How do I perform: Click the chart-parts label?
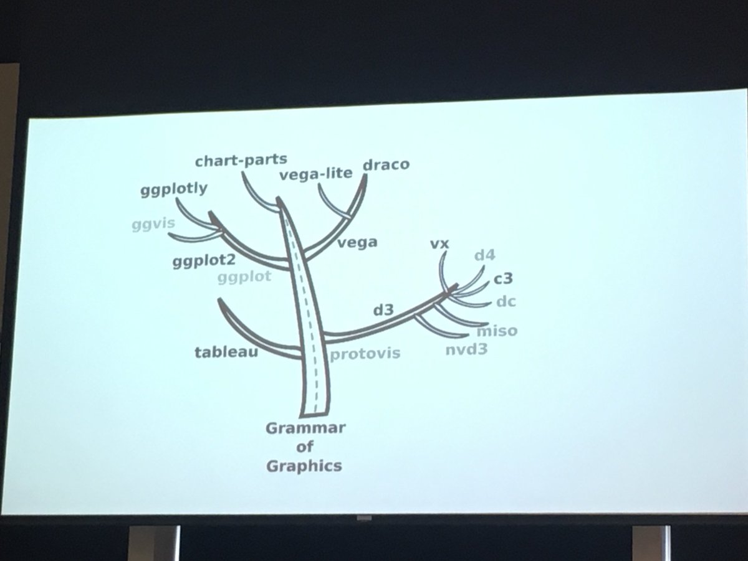coord(241,161)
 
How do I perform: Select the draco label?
coord(385,164)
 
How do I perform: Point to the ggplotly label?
coord(174,189)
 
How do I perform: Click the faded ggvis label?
coord(152,224)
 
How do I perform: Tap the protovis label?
coord(365,354)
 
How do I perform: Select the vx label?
coord(439,243)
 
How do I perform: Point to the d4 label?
coord(484,256)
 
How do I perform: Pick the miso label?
coord(497,330)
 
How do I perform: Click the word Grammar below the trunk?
coord(305,428)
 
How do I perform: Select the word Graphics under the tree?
coord(304,465)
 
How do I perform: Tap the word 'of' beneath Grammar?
coord(305,446)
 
